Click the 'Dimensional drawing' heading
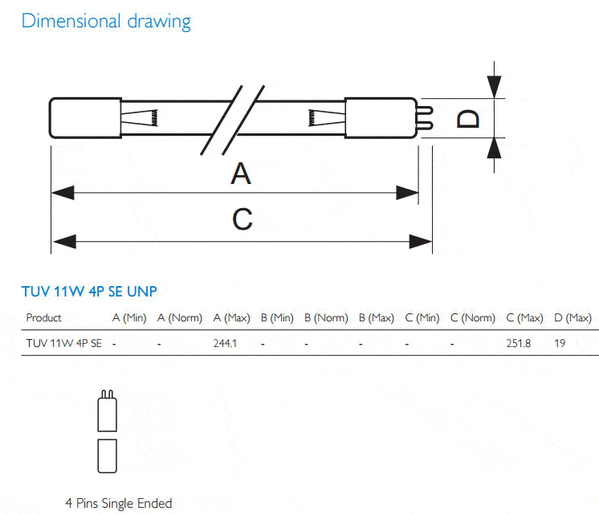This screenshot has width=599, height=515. tap(106, 22)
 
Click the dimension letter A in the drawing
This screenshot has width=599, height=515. tap(241, 174)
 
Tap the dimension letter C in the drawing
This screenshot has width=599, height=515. tap(242, 219)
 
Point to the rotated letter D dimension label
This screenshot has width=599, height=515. tap(468, 119)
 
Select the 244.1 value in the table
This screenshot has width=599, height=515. tap(225, 343)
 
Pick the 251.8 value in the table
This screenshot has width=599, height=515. tap(519, 343)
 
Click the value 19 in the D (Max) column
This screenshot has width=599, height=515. tap(560, 343)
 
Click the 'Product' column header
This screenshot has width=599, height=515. tap(43, 317)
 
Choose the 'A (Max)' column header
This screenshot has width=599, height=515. tap(231, 317)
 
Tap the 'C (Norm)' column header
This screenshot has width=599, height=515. tap(473, 317)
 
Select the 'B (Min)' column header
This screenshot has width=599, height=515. tap(277, 317)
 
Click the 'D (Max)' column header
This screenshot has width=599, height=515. tap(573, 317)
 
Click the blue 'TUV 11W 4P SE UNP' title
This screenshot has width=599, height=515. tap(89, 292)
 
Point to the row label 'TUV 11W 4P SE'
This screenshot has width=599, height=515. tap(63, 343)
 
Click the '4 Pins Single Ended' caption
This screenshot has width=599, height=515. tap(118, 503)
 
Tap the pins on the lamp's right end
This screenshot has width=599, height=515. tap(426, 118)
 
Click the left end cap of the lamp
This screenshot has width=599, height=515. tap(86, 118)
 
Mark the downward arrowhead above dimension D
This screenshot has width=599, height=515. tap(494, 87)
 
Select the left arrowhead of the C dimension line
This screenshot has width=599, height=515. tap(64, 242)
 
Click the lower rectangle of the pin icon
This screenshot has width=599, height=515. tap(108, 456)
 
